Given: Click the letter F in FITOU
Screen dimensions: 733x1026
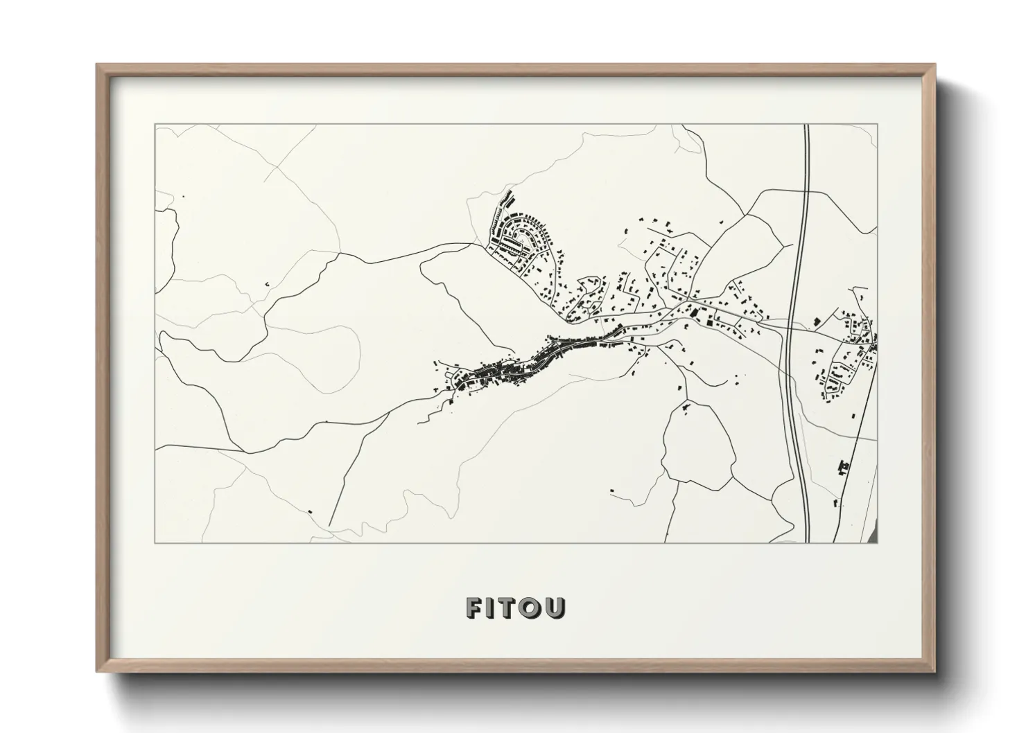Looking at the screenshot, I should [x=475, y=608].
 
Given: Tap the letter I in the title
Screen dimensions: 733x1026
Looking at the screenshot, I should [x=494, y=608].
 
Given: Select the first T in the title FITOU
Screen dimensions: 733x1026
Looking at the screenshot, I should [x=511, y=608].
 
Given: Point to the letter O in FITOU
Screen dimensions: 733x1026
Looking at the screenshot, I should [x=533, y=608].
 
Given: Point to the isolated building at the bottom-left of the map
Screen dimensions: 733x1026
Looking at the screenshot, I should [x=310, y=511].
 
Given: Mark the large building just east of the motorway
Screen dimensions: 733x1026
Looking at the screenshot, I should [x=815, y=321].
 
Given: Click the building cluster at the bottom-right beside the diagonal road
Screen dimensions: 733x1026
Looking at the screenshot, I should [x=843, y=467].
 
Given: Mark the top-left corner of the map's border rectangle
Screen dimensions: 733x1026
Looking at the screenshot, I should [x=155, y=125].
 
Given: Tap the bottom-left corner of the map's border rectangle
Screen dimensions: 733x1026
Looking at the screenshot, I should [x=155, y=542].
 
